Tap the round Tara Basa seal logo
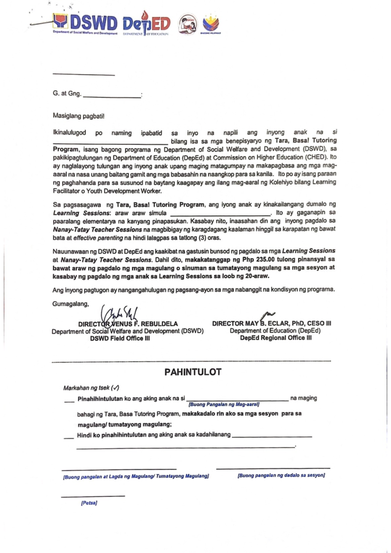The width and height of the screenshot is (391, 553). [x=188, y=24]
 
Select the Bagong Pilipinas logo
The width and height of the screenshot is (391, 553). [x=211, y=24]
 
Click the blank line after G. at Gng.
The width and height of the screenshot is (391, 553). [x=112, y=95]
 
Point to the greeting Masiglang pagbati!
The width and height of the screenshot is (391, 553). [x=79, y=116]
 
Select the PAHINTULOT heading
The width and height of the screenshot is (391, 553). [x=193, y=372]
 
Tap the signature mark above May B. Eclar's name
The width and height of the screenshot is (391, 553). [x=268, y=315]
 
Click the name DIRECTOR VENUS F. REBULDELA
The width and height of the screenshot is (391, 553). [x=128, y=324]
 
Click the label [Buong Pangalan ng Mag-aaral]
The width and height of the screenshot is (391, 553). [x=224, y=404]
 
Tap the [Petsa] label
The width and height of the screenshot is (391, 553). [x=89, y=503]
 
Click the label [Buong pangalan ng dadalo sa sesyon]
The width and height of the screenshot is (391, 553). [x=281, y=475]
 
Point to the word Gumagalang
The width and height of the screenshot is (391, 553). [x=71, y=304]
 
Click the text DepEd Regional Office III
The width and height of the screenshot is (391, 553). [x=276, y=338]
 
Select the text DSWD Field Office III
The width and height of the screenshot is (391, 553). [x=120, y=338]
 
